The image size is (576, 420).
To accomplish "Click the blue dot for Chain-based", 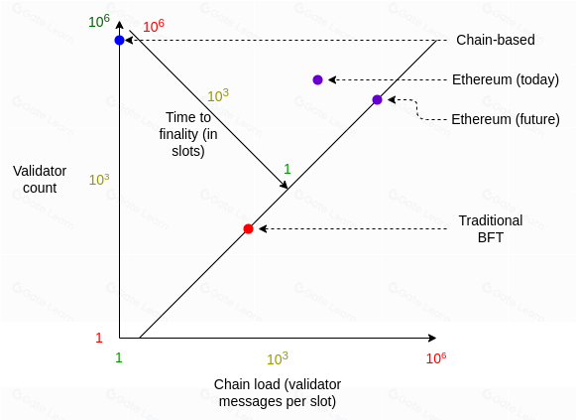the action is pos(119,40).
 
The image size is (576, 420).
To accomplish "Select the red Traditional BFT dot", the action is pos(248,228).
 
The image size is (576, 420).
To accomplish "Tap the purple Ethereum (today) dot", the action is pos(318,79).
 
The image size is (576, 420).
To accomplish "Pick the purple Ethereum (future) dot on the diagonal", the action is pos(378,99).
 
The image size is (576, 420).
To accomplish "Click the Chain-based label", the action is pos(495,40).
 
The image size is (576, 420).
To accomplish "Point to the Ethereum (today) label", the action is pos(506,79).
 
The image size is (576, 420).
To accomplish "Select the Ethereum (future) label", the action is pos(506,119).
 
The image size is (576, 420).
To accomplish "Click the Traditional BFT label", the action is pos(491,228).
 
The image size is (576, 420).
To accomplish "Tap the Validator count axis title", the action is pos(40,179).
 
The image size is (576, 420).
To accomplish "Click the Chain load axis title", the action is pos(278,393).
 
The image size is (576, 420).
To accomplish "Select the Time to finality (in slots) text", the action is pos(188,134).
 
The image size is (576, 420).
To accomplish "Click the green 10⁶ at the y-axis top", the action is pos(99,21).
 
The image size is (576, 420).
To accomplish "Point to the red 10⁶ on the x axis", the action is pos(436,357).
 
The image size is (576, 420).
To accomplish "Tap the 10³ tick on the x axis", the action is pos(278,358).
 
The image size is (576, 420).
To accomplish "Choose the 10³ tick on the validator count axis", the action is pos(99,180).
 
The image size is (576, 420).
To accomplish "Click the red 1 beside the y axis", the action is pos(99,338).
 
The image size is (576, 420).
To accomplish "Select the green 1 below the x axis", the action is pos(118,357).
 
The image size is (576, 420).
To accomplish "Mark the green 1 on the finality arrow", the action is pos(288,169).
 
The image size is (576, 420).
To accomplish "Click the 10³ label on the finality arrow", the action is pos(218,95).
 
